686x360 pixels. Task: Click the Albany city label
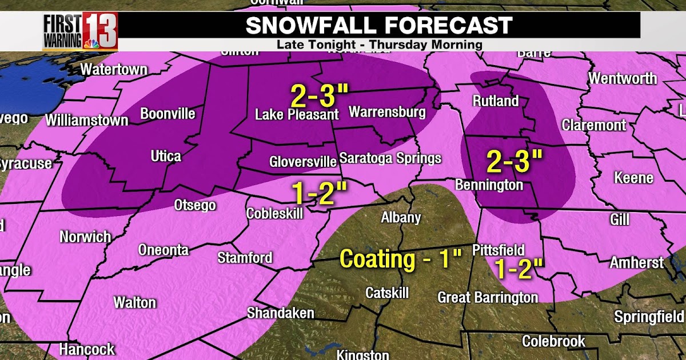point(401,218)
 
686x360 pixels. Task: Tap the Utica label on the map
point(165,156)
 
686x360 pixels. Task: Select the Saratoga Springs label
point(390,158)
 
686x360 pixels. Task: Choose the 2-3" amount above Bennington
point(514,162)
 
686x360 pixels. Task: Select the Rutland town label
point(495,101)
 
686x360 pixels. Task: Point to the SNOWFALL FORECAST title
point(379,25)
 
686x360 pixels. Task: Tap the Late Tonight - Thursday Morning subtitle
point(379,45)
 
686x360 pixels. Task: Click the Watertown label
point(114,70)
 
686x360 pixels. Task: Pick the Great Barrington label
point(488,298)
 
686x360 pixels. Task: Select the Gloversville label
point(302,162)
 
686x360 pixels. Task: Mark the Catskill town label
point(387,293)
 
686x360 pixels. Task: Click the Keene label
point(633,178)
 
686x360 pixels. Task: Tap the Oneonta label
point(163,250)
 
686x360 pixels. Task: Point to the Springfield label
point(648,317)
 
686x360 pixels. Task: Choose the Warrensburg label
point(387,111)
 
